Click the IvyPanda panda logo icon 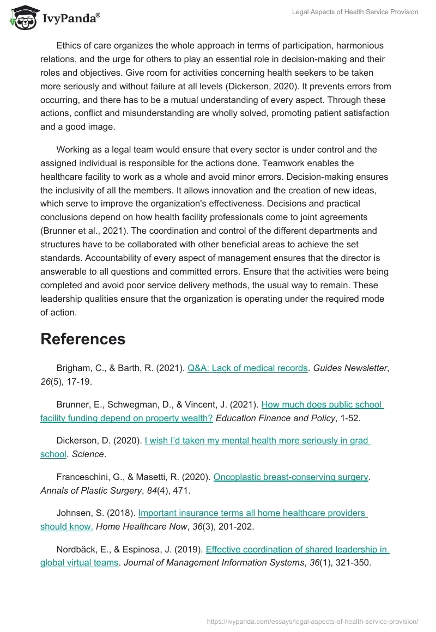click(x=23, y=18)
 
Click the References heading click(x=83, y=339)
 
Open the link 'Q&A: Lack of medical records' click(x=247, y=368)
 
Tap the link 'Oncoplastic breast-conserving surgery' click(x=291, y=477)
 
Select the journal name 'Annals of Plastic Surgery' click(x=91, y=490)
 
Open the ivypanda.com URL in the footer click(x=313, y=621)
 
